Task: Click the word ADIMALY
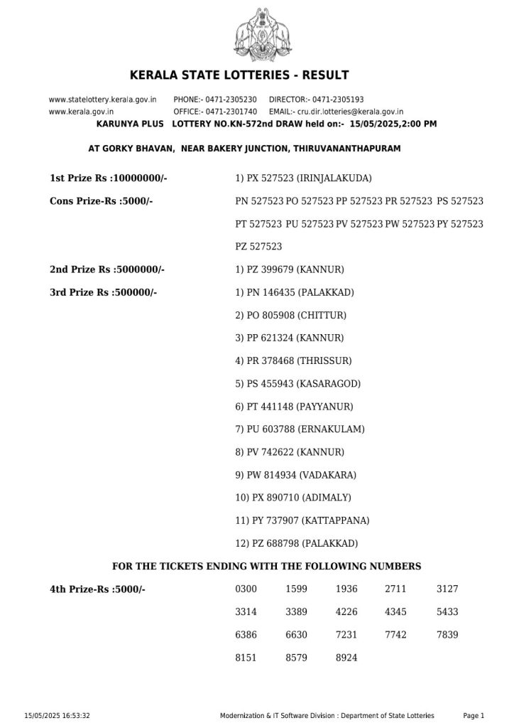(327, 497)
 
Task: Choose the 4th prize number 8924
(346, 658)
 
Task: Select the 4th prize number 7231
(346, 635)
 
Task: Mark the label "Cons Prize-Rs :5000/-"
(102, 201)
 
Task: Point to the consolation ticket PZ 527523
(258, 247)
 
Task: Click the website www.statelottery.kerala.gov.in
(102, 100)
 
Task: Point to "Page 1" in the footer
(474, 715)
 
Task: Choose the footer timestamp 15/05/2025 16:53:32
(58, 715)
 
